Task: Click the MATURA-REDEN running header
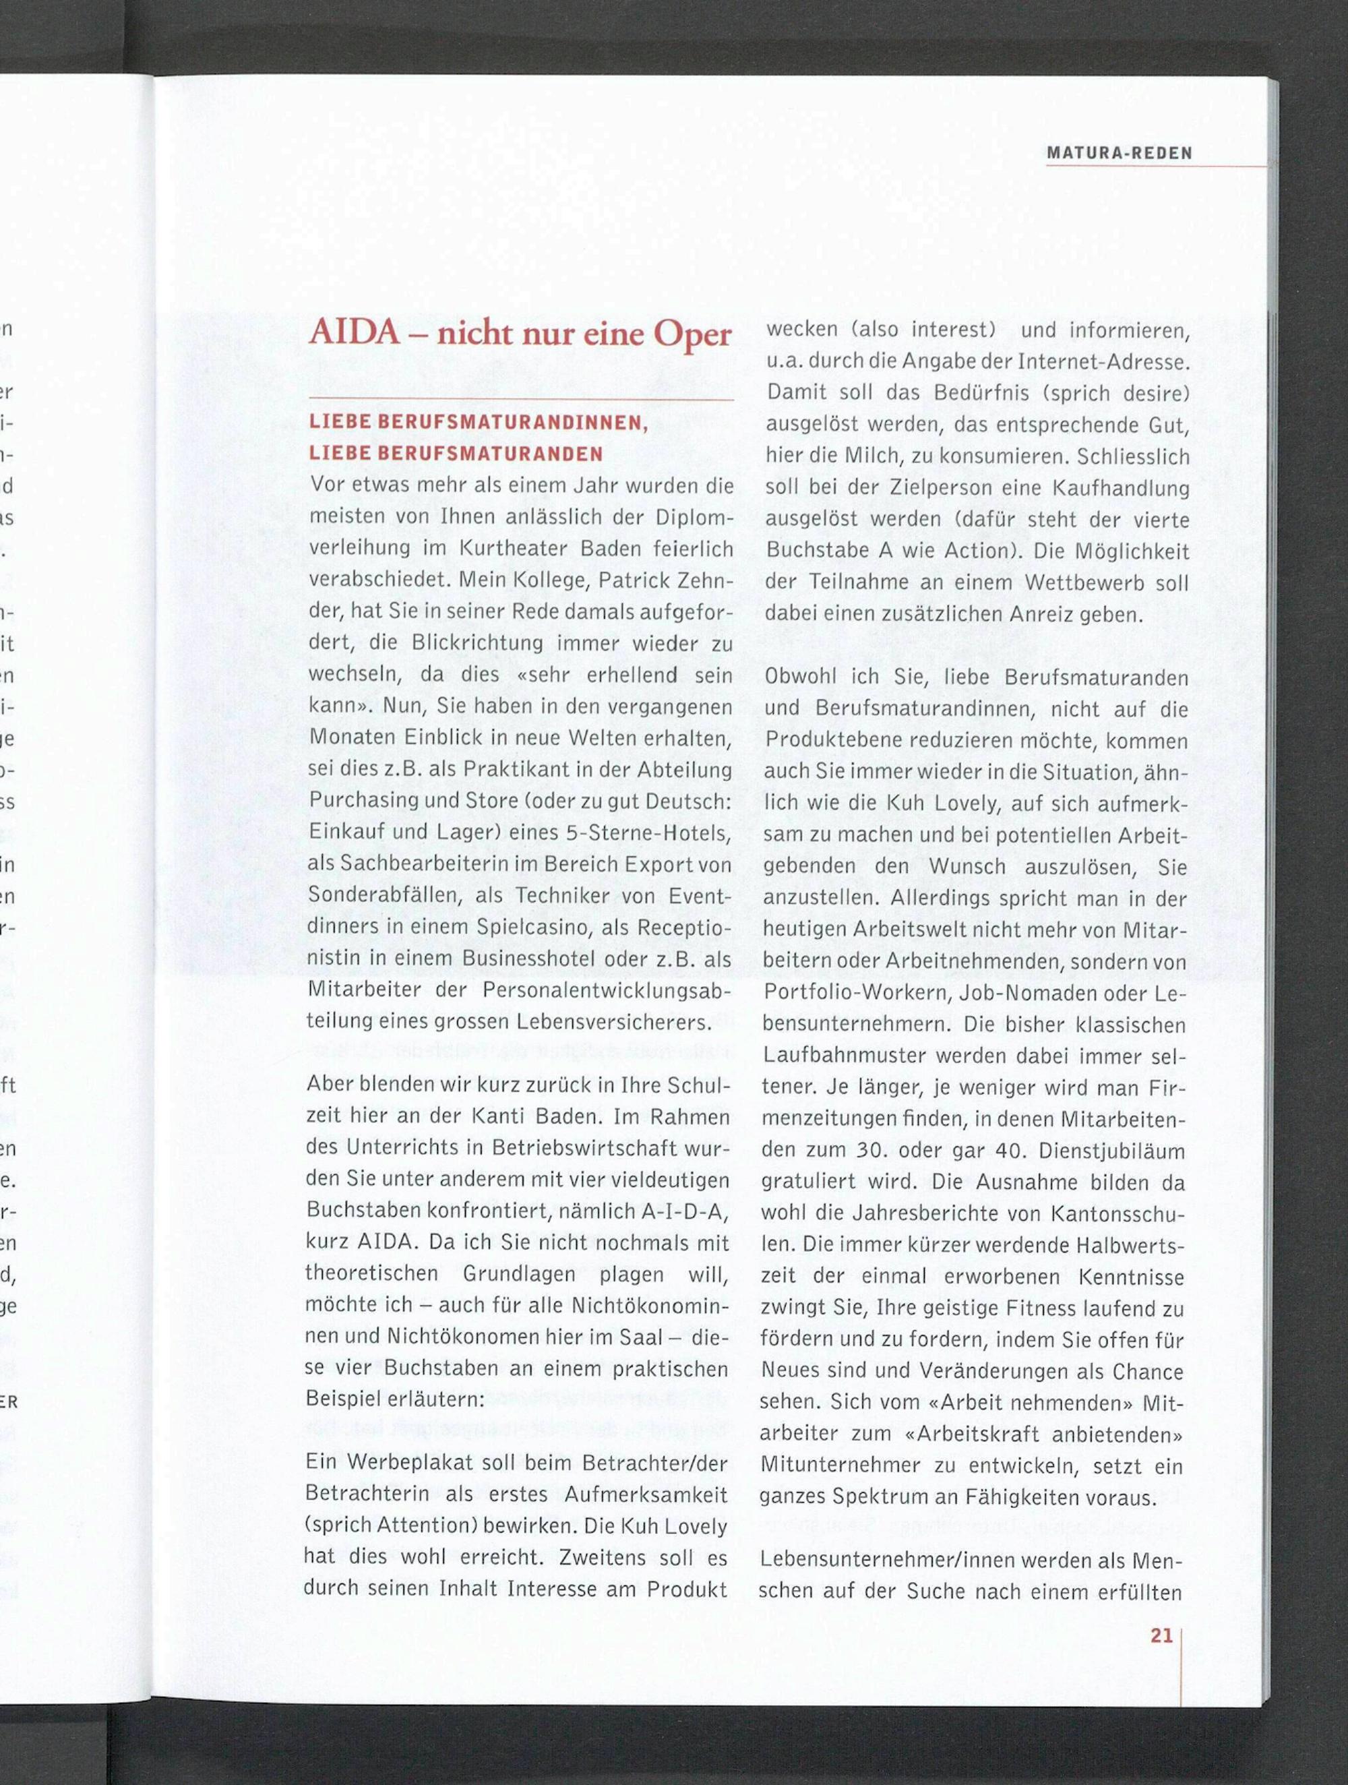pos(1119,153)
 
